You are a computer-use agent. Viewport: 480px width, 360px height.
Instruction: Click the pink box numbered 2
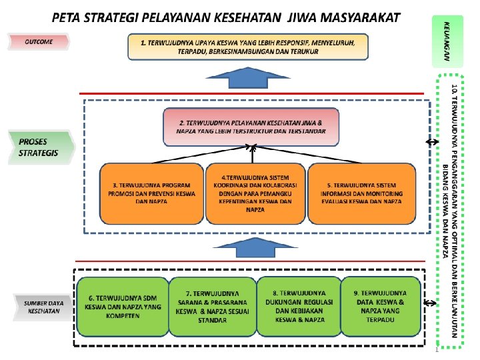tap(252, 127)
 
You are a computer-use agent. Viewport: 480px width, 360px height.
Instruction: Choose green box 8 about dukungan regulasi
tap(299, 306)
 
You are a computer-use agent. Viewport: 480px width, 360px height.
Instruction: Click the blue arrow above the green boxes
tap(252, 248)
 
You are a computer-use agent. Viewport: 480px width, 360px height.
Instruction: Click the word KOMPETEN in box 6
tap(122, 316)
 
